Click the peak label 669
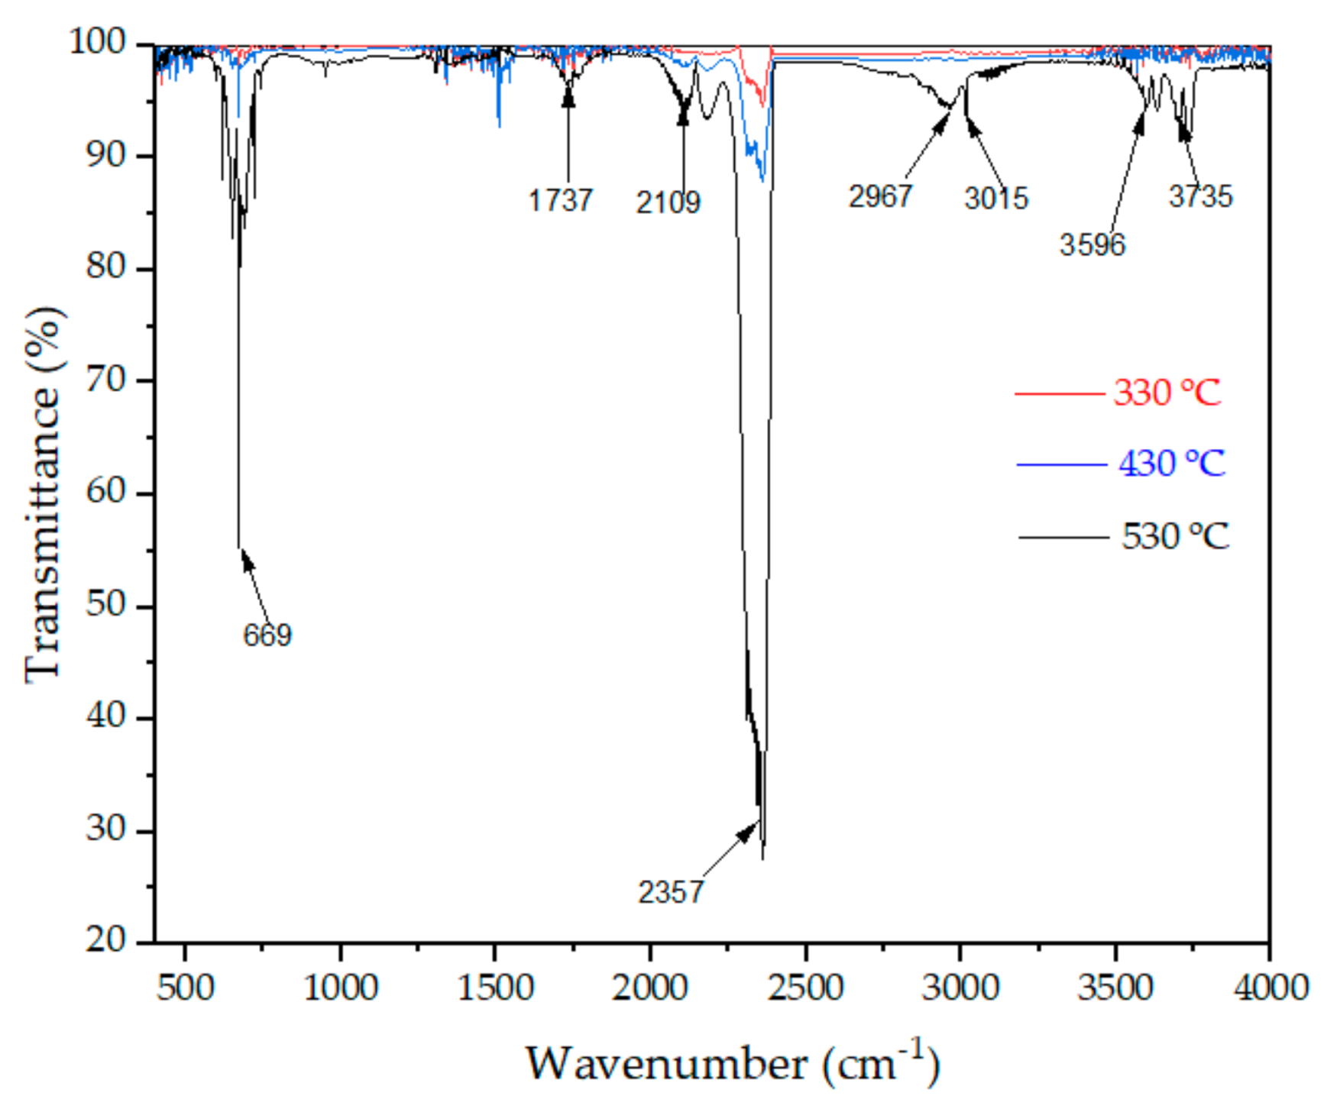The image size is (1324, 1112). [267, 635]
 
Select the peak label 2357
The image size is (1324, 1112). [670, 892]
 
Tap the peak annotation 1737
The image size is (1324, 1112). [560, 201]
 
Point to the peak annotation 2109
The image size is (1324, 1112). [668, 202]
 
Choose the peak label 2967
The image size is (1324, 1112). [880, 196]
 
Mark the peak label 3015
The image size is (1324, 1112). [996, 199]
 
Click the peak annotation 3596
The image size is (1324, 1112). [1093, 245]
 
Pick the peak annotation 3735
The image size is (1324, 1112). [1200, 197]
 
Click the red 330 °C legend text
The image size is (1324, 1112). [1167, 393]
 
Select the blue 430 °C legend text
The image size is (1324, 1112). [1171, 464]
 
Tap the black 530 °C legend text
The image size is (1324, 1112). [1174, 536]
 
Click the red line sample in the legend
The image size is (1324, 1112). [1059, 394]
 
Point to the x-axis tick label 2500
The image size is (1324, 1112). [806, 988]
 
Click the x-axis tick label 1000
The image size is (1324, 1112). [340, 988]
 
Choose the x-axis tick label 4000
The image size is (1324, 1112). [1271, 988]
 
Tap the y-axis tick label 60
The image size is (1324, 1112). [105, 493]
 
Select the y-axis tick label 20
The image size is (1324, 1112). [105, 940]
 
